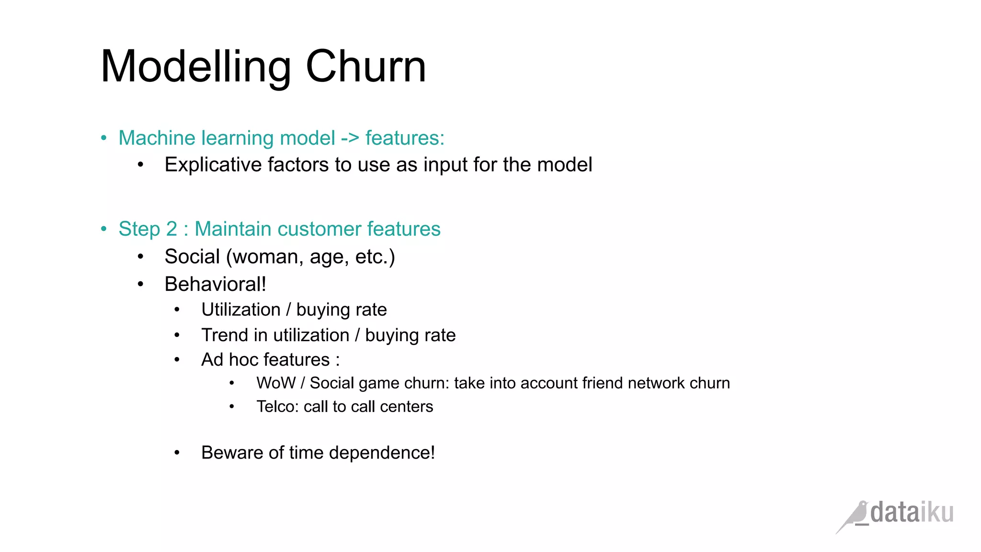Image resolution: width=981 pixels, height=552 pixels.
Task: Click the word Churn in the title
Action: [365, 67]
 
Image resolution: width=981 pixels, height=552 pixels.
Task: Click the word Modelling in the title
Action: [196, 68]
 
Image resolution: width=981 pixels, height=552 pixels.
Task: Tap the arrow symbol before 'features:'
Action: [350, 138]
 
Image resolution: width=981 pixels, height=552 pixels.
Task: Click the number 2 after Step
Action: [171, 229]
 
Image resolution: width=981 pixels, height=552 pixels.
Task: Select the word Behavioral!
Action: [215, 284]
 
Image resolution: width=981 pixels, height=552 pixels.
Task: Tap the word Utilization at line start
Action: [240, 310]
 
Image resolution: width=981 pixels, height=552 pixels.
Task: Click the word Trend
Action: [224, 335]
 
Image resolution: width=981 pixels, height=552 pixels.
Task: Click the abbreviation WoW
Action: [276, 383]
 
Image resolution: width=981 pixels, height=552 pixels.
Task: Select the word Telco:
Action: [277, 407]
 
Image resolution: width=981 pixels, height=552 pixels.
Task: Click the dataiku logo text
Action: [912, 513]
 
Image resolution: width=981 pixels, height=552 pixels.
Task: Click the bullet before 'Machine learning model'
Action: [104, 138]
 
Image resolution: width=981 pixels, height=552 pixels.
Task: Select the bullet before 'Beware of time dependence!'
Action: [177, 453]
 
